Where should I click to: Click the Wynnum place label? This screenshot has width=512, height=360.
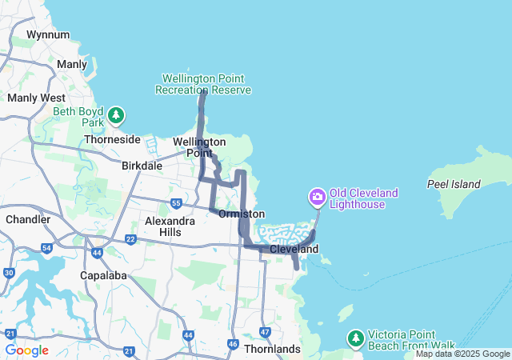tap(48, 35)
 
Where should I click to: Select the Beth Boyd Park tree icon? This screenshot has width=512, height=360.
tap(117, 117)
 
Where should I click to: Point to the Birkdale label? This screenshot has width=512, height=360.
tap(142, 166)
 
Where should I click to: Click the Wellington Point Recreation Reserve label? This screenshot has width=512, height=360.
tap(206, 84)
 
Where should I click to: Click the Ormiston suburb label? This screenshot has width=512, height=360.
tap(242, 214)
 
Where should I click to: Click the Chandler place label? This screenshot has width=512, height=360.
tap(27, 219)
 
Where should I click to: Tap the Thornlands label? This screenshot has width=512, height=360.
tap(272, 349)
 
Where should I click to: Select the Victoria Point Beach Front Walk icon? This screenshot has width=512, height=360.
tap(355, 338)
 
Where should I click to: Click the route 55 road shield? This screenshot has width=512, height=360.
tap(175, 204)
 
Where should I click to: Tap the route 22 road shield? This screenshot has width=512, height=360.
tap(130, 239)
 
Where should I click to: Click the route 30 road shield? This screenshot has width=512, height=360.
tap(9, 273)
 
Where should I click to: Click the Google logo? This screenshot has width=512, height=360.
tap(26, 350)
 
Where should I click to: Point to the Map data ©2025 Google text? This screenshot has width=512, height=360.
tap(462, 354)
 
